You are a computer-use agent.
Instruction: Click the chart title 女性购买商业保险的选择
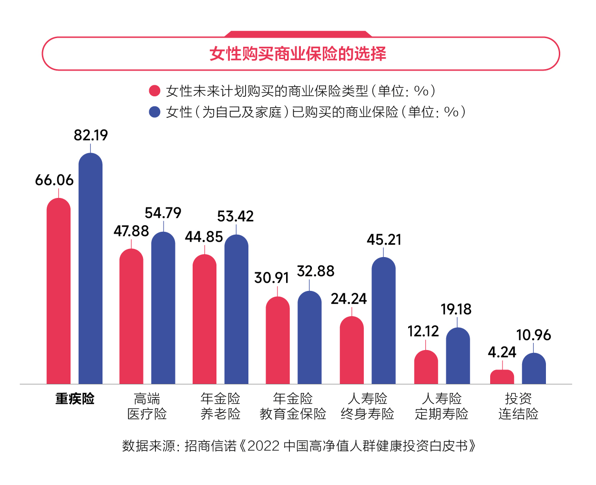click(298, 54)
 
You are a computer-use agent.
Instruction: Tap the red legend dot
click(154, 91)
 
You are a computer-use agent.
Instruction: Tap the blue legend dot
click(154, 112)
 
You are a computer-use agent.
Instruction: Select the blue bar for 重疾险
click(91, 269)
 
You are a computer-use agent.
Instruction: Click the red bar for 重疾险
click(59, 291)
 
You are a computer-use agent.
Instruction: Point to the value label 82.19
click(91, 135)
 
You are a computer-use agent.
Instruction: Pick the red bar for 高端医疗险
click(131, 316)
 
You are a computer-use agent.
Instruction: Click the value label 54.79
click(163, 213)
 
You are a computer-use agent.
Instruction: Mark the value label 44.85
click(204, 237)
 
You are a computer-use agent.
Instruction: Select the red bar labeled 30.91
click(277, 341)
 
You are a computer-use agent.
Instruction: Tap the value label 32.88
click(315, 271)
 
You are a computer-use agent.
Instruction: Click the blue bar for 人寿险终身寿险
click(383, 321)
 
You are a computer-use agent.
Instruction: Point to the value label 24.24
click(349, 299)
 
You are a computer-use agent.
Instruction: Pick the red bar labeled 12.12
click(426, 367)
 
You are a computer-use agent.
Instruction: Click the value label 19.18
click(456, 310)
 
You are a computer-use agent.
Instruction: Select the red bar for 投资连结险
click(502, 377)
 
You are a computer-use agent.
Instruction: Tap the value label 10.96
click(534, 335)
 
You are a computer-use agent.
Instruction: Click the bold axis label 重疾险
click(75, 399)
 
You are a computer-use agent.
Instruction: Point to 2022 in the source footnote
click(263, 446)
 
